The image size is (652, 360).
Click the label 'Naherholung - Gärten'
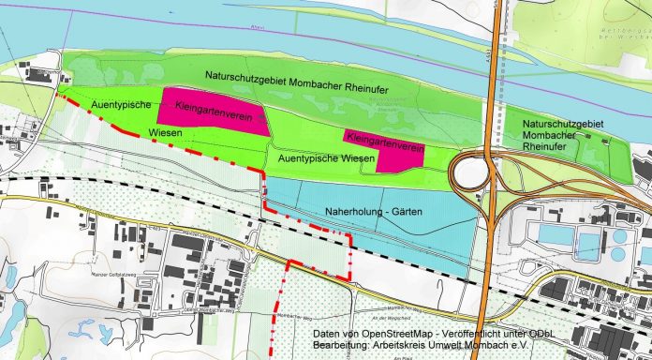pos(371,213)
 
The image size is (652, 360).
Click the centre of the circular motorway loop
pos(474,173)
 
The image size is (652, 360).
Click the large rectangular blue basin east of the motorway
pos(556,233)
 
